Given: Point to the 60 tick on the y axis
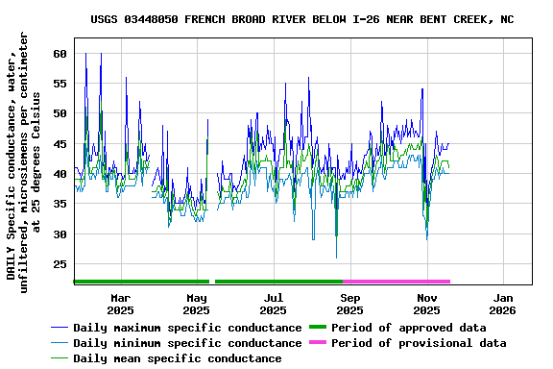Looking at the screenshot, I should (x=60, y=54).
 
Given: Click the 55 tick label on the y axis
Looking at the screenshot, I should (x=60, y=84).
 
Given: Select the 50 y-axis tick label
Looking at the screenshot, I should (x=60, y=113).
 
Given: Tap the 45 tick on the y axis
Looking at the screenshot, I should (x=60, y=144).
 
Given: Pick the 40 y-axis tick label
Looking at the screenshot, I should (x=60, y=174).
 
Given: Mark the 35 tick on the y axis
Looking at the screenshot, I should (x=60, y=204).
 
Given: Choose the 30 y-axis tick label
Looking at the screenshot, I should (x=60, y=234).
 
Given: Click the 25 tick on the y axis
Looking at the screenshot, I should (x=60, y=264).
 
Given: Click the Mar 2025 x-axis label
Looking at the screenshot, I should (x=120, y=304).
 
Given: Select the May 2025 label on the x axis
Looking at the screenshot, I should (x=197, y=304).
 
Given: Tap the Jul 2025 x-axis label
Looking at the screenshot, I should (x=274, y=304).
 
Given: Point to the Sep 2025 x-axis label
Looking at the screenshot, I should (x=350, y=304).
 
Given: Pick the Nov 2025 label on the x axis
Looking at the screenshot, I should (x=427, y=304).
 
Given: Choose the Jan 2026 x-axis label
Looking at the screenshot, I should (x=502, y=304).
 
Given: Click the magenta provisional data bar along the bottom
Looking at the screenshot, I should (x=396, y=282).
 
